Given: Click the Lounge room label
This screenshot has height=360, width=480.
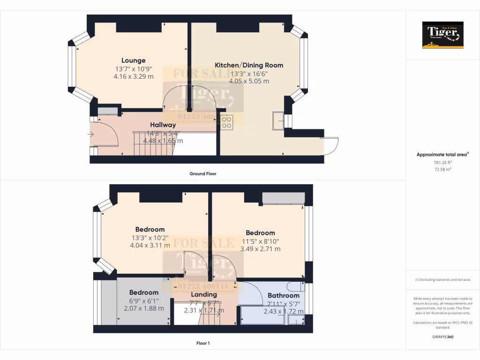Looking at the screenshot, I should (x=134, y=60).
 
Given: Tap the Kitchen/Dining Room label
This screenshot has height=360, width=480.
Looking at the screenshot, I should (x=249, y=65).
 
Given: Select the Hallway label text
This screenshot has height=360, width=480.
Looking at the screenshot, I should (x=163, y=125).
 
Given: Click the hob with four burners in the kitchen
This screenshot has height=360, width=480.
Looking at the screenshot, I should (x=226, y=122).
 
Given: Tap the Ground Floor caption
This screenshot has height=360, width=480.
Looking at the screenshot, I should (x=202, y=173).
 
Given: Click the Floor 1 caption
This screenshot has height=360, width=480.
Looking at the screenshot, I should (x=203, y=343).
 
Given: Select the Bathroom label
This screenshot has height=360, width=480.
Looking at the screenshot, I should (x=284, y=296).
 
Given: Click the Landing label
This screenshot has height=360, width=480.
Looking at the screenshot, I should (x=203, y=294).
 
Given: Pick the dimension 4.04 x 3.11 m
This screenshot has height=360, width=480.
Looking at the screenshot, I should (x=150, y=245).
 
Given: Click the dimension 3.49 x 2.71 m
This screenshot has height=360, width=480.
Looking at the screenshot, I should (x=260, y=249).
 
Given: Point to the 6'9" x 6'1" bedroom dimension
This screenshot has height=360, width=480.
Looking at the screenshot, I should (x=144, y=300).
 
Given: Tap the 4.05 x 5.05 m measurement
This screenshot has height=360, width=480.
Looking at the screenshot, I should (x=249, y=81).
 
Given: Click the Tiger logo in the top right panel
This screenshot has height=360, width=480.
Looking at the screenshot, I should (x=442, y=35).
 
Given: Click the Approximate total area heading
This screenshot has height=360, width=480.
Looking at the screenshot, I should (x=442, y=154).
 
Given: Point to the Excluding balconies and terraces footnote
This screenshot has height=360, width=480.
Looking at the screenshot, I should (x=442, y=280).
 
